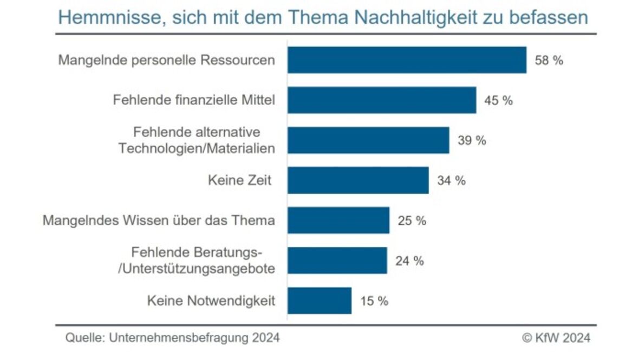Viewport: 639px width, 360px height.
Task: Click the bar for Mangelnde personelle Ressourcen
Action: pyautogui.click(x=407, y=60)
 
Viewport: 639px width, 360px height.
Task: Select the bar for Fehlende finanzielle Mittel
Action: pyautogui.click(x=382, y=100)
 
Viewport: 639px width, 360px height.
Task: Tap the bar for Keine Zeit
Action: pyautogui.click(x=358, y=180)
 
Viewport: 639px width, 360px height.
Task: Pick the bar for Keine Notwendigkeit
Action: pyautogui.click(x=319, y=300)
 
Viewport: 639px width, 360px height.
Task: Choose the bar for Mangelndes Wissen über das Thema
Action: pyautogui.click(x=338, y=220)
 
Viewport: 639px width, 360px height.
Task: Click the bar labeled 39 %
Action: pyautogui.click(x=368, y=140)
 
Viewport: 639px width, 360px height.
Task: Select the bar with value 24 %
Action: pyautogui.click(x=337, y=260)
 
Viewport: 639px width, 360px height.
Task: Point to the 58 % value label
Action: pyautogui.click(x=549, y=61)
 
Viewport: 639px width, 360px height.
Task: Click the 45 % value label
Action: pyautogui.click(x=498, y=101)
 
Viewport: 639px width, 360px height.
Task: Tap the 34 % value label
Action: pyautogui.click(x=451, y=181)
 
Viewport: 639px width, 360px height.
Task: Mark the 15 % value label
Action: pyautogui.click(x=374, y=301)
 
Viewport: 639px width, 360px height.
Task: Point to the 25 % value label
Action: pyautogui.click(x=412, y=221)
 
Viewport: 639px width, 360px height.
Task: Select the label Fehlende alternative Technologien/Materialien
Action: pyautogui.click(x=197, y=140)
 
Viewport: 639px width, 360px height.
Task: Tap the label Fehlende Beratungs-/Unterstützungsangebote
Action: pyautogui.click(x=197, y=260)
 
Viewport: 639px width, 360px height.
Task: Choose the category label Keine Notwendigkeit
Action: pyautogui.click(x=211, y=301)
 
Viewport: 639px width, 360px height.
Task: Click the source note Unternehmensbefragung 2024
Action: pyautogui.click(x=194, y=338)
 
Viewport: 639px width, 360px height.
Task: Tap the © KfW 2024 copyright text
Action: pyautogui.click(x=556, y=338)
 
